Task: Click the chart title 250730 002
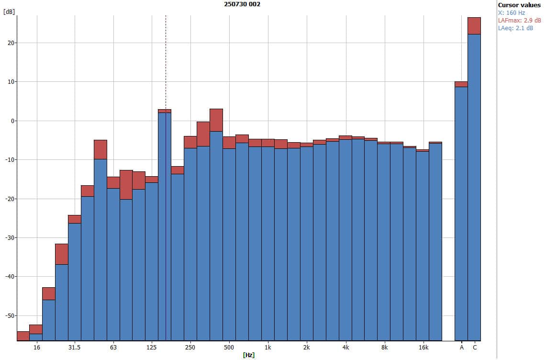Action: point(242,4)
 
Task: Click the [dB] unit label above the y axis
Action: point(9,12)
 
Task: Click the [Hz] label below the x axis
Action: point(248,355)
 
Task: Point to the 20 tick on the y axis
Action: point(11,43)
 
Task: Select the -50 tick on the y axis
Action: point(9,315)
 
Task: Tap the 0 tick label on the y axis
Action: point(12,121)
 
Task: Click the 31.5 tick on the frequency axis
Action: point(74,347)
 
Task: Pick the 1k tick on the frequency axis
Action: point(268,347)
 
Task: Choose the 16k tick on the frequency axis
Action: point(423,347)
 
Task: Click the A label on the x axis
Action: point(462,347)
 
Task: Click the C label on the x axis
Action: point(475,347)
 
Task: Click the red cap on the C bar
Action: point(474,26)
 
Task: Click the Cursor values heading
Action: point(519,5)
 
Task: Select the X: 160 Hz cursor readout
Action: point(512,13)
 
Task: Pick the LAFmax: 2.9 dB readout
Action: point(520,21)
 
